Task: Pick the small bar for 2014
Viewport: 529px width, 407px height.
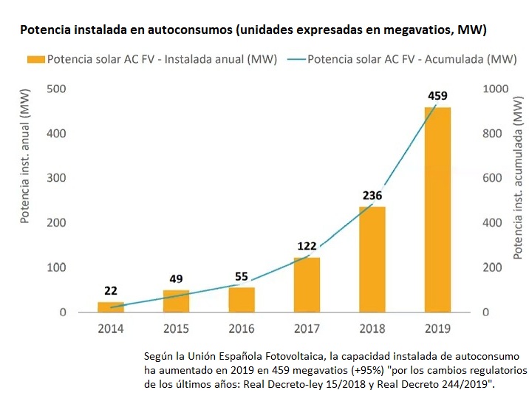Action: click(111, 307)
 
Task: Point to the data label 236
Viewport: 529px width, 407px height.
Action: click(372, 196)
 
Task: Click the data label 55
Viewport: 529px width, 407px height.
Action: click(241, 276)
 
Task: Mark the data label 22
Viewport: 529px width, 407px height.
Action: click(111, 290)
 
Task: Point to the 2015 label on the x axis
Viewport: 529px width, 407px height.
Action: click(175, 329)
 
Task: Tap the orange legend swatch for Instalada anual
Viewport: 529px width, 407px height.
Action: click(35, 60)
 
